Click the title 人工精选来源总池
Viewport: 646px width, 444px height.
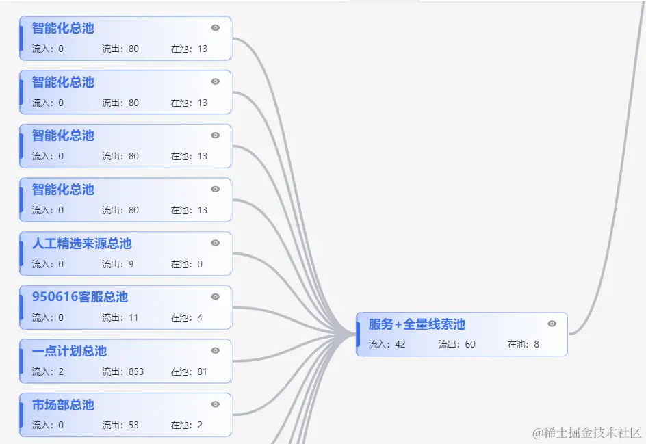pos(81,244)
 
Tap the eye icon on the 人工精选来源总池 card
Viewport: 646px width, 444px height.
pos(216,243)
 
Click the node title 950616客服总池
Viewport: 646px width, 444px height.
pos(79,297)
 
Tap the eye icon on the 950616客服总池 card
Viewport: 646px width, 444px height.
pos(216,297)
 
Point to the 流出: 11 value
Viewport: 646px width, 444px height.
pos(120,317)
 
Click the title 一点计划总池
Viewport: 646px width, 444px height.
pos(69,351)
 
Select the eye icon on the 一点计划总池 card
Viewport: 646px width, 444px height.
pos(216,350)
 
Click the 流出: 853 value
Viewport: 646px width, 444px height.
pos(122,371)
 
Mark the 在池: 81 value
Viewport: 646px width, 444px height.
pos(189,371)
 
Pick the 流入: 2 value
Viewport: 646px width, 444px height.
pos(48,371)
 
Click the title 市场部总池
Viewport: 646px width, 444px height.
pos(63,405)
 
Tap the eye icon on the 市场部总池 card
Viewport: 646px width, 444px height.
pos(216,404)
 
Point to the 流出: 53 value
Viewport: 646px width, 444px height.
pos(120,425)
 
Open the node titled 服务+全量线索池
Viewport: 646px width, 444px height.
pos(417,324)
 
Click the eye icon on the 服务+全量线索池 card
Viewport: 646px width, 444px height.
pos(552,324)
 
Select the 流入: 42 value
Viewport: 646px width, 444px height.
pos(387,344)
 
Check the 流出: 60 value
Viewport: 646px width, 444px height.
pos(456,344)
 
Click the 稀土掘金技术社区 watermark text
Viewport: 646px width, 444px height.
pos(587,432)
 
